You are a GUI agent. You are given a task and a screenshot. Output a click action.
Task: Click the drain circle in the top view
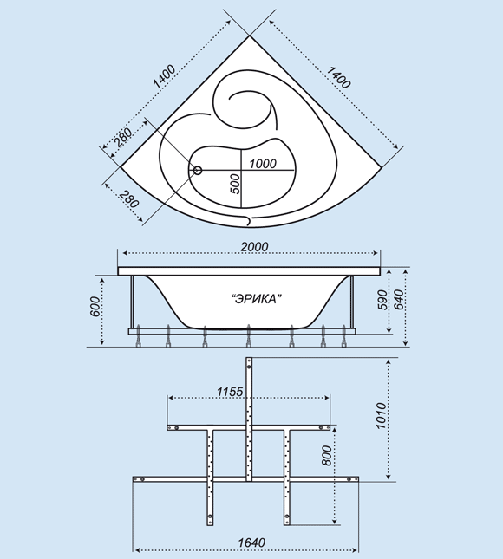198,171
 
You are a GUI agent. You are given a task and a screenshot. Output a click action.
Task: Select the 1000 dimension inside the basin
263,164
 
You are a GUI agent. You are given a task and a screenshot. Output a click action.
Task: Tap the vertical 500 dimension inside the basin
235,184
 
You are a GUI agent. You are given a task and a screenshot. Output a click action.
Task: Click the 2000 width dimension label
254,247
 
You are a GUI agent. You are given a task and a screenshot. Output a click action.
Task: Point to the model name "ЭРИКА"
255,299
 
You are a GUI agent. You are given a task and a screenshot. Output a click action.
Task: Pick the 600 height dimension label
95,307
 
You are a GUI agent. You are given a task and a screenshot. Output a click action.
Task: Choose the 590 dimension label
382,300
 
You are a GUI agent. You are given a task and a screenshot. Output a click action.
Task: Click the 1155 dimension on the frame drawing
230,392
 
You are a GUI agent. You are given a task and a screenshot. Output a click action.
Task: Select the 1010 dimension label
381,416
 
